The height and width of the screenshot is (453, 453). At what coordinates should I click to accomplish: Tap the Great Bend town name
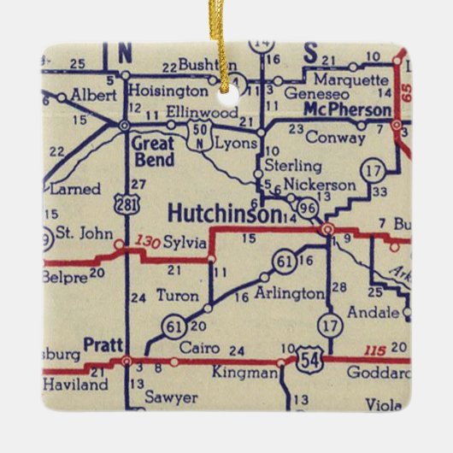click(154, 152)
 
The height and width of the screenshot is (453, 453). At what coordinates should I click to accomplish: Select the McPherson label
click(347, 109)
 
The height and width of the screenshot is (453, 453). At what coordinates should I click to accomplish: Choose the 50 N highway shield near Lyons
click(201, 133)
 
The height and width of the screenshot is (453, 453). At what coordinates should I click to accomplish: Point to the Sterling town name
click(292, 166)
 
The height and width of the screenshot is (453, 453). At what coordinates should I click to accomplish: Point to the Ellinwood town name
click(202, 112)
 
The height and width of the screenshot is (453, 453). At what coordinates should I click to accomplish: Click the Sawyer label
click(171, 397)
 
